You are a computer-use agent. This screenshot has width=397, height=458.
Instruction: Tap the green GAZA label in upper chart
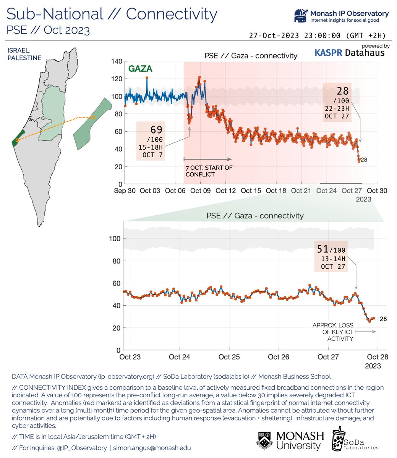tap(140, 69)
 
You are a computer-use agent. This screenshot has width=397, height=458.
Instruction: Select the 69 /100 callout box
tap(151, 141)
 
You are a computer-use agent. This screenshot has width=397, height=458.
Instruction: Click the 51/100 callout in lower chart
tap(331, 256)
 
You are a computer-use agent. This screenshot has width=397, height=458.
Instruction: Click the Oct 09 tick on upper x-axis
tap(201, 191)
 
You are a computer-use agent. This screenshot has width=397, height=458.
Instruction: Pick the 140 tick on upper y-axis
tap(117, 61)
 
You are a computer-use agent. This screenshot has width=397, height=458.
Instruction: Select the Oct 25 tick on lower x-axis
tap(229, 357)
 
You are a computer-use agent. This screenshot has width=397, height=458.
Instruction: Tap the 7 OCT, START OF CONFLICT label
tap(209, 171)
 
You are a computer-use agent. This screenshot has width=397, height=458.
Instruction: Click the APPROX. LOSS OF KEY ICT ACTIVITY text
tap(333, 332)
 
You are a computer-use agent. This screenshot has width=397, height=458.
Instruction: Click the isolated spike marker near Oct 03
tap(147, 78)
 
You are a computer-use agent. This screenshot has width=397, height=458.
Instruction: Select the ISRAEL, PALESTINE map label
tap(24, 54)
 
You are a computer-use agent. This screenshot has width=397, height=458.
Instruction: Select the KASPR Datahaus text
tap(349, 53)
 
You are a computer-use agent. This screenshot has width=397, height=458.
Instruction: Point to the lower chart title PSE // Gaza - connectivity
tap(255, 216)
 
